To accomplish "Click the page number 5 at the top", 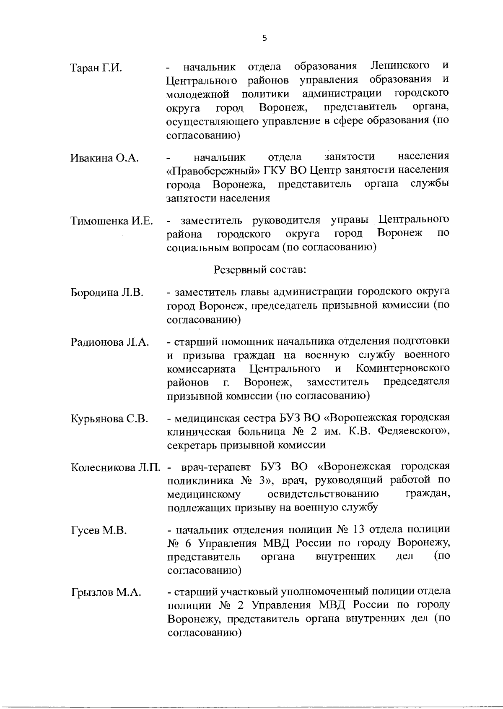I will (x=264, y=38).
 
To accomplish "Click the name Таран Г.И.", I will (x=96, y=68).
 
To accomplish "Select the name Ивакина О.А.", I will (x=104, y=158).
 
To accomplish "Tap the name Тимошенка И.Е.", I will (x=111, y=221).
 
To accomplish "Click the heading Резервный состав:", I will (x=260, y=269).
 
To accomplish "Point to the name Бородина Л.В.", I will (x=107, y=292).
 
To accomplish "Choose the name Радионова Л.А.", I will (x=110, y=342).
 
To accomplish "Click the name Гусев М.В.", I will (x=99, y=530).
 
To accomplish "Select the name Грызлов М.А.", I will (x=106, y=593).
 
